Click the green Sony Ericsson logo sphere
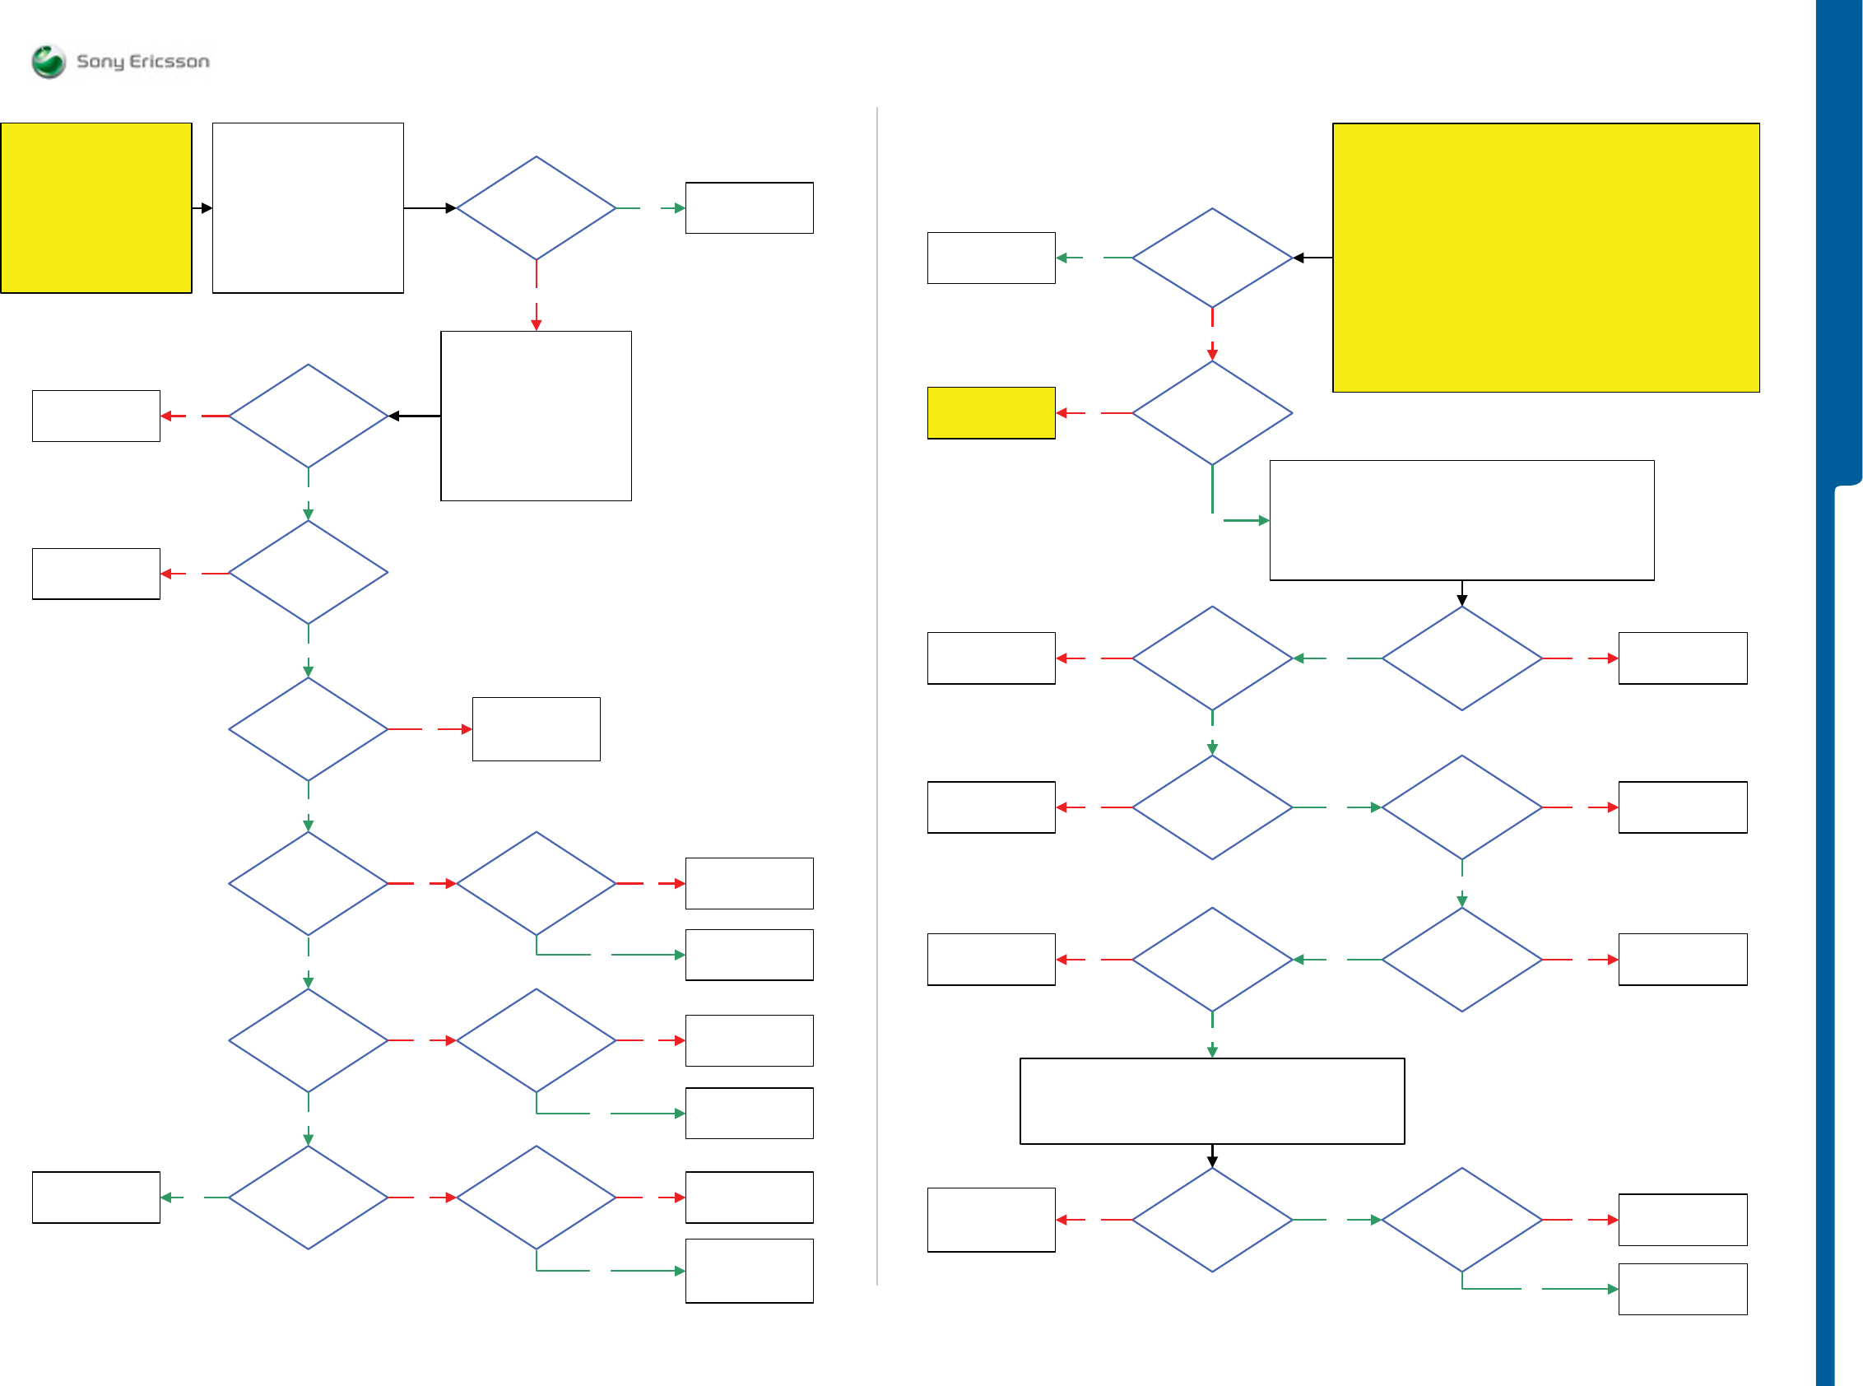(x=48, y=61)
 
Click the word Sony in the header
(x=100, y=62)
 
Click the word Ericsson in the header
(x=169, y=61)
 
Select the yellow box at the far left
(x=96, y=208)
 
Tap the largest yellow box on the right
(x=1545, y=258)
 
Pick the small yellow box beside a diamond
(x=991, y=413)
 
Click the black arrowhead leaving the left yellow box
(x=207, y=208)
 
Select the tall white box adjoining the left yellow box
(x=308, y=208)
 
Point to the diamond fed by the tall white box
(x=536, y=208)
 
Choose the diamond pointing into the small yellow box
(x=1211, y=413)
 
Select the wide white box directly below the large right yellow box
(x=1461, y=520)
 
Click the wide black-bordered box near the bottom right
(x=1211, y=1100)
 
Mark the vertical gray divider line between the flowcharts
(x=876, y=696)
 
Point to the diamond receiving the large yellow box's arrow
(x=1211, y=258)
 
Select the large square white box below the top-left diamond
(x=536, y=416)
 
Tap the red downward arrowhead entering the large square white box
(x=536, y=324)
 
